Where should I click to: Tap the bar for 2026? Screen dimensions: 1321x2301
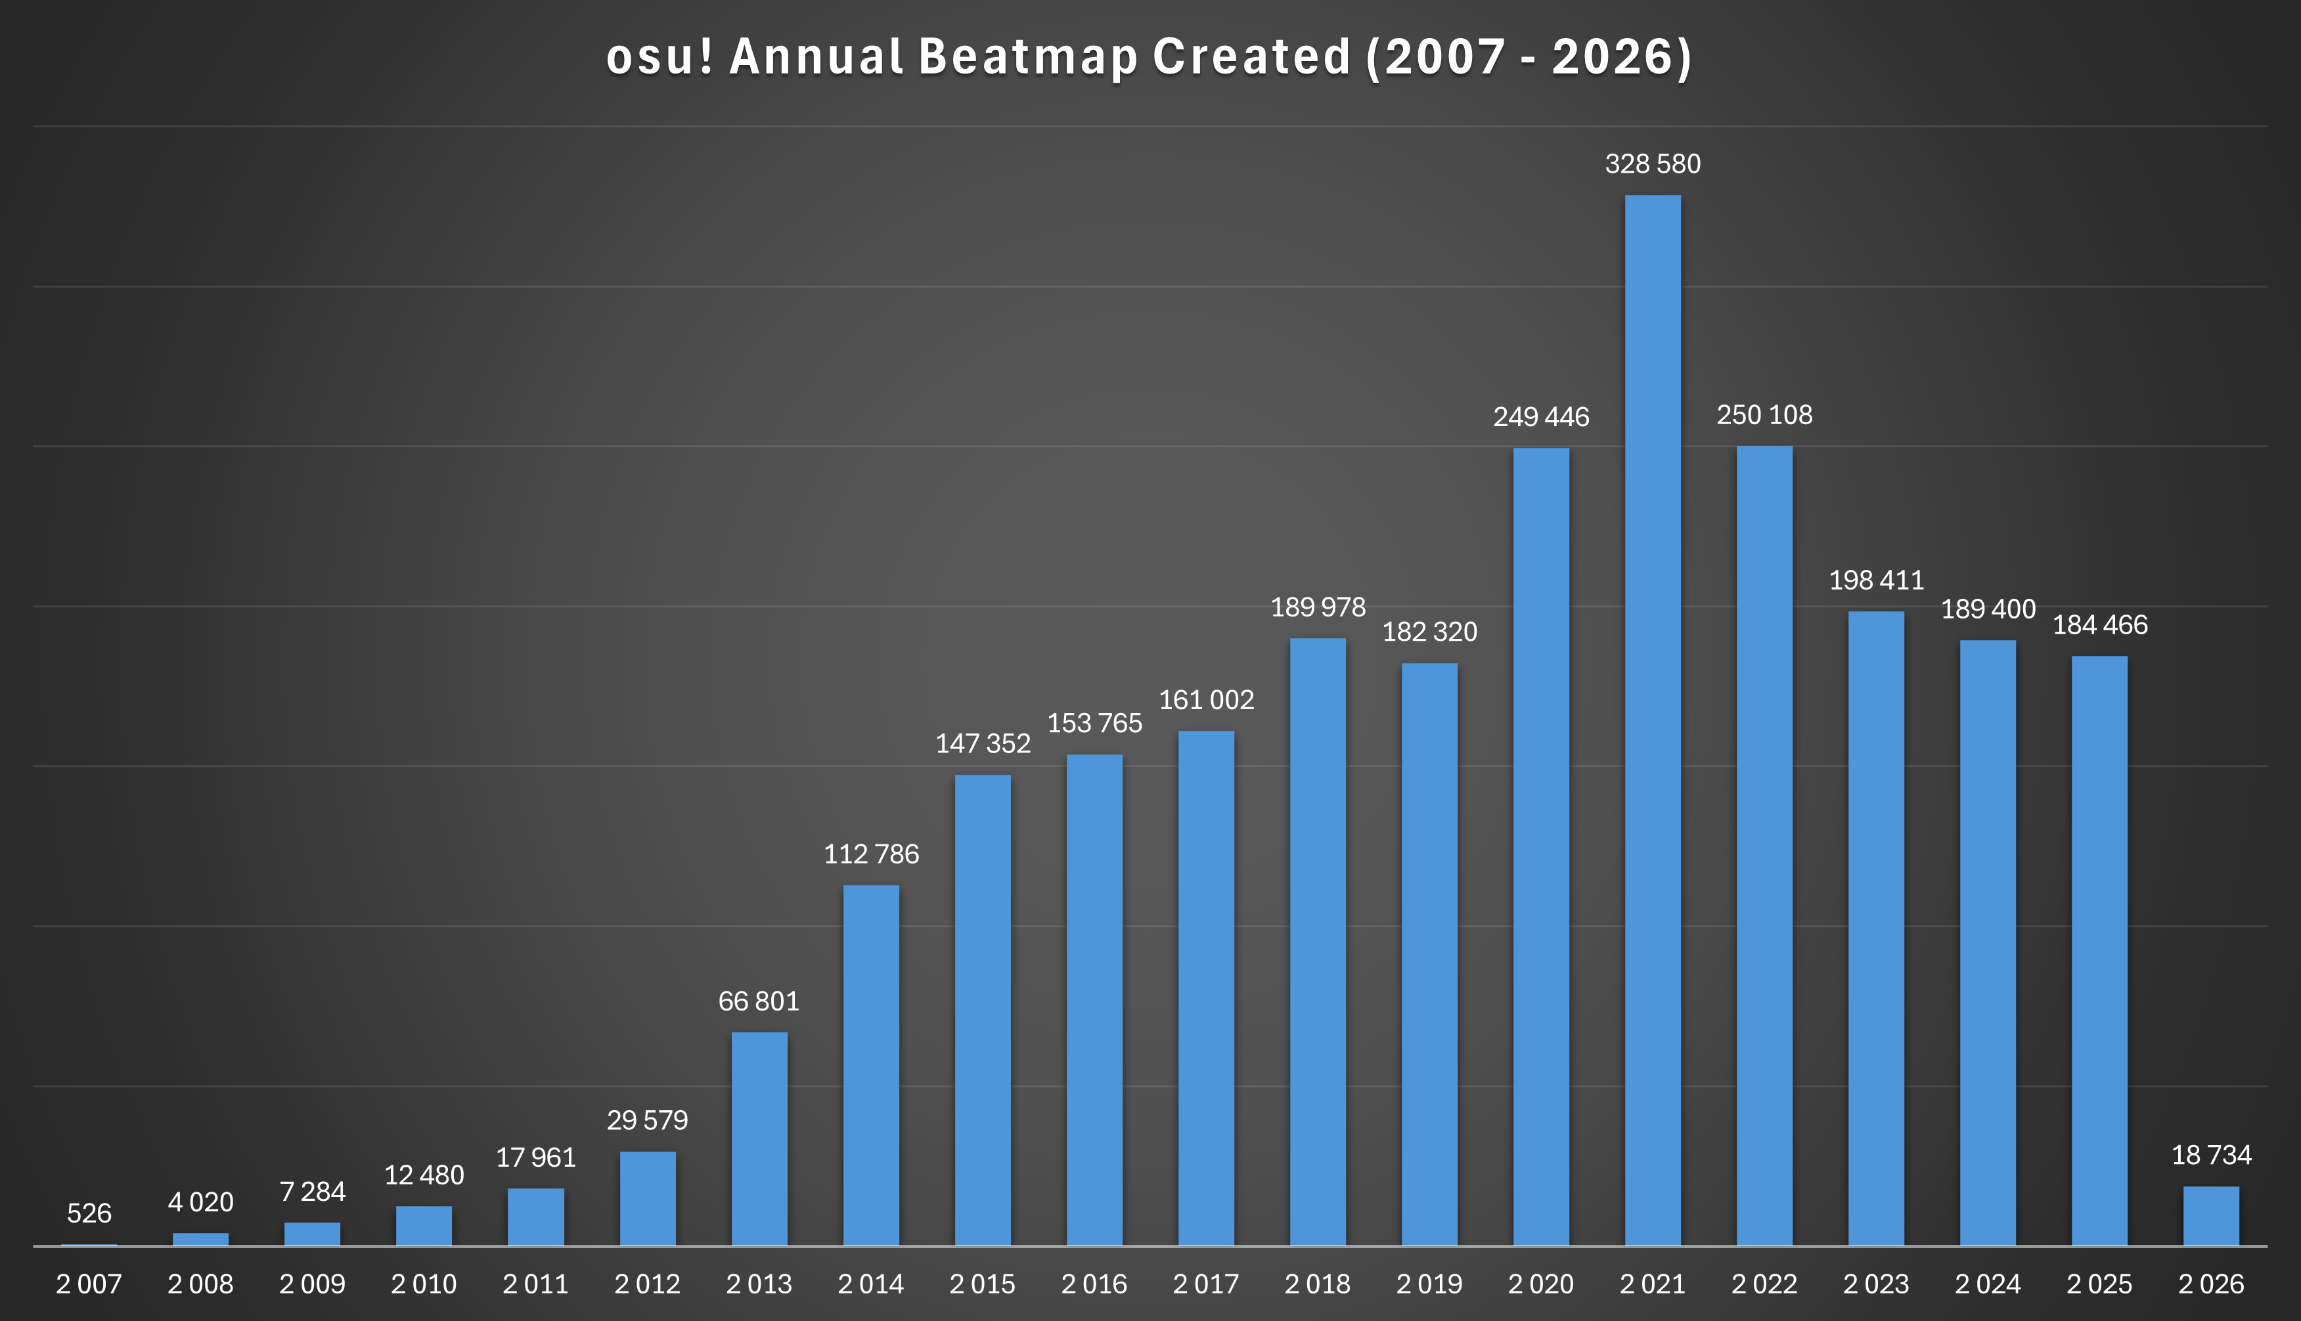pyautogui.click(x=2210, y=1216)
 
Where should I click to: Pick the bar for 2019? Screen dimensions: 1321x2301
pyautogui.click(x=1429, y=953)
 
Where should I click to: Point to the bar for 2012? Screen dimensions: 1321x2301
pyautogui.click(x=647, y=1198)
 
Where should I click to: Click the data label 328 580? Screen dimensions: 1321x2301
pyautogui.click(x=1652, y=164)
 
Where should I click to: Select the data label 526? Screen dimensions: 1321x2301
pyautogui.click(x=89, y=1213)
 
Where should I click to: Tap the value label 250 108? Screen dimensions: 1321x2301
pyautogui.click(x=1764, y=415)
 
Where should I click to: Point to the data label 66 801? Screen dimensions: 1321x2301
pyautogui.click(x=759, y=1001)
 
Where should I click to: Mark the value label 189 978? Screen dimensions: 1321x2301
pyautogui.click(x=1317, y=607)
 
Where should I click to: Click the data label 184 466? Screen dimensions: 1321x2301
pyautogui.click(x=2099, y=624)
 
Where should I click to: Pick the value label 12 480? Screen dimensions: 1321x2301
pyautogui.click(x=424, y=1175)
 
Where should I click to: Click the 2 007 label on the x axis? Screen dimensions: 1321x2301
pyautogui.click(x=89, y=1284)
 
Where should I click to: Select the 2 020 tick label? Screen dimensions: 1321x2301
pyautogui.click(x=1540, y=1284)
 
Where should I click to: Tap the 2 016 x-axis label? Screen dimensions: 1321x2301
pyautogui.click(x=1094, y=1284)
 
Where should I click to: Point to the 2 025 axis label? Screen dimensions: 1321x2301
pyautogui.click(x=2099, y=1284)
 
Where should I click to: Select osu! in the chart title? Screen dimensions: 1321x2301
pyautogui.click(x=659, y=56)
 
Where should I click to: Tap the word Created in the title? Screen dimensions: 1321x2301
pyautogui.click(x=1252, y=56)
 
